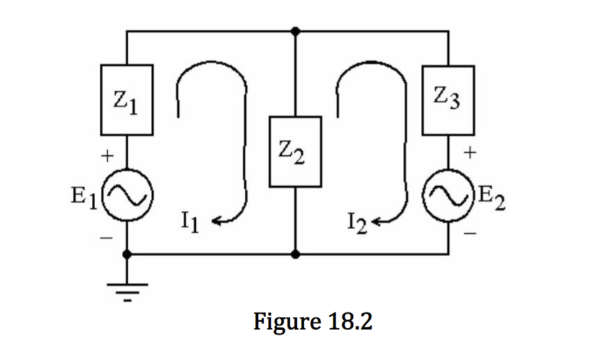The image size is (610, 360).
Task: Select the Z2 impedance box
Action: point(295,152)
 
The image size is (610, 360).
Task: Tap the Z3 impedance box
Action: point(448,100)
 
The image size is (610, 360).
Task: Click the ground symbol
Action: point(127,292)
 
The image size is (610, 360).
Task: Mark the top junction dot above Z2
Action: point(295,30)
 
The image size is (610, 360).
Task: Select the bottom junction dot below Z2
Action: point(295,254)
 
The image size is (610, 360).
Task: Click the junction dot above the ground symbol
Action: point(127,254)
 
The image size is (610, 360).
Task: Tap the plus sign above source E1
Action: point(107,158)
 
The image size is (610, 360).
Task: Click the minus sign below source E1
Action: point(106,237)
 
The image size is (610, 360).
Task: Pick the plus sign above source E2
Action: point(471,153)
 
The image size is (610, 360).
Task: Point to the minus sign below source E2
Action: point(470,233)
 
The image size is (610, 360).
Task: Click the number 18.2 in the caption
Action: point(350,323)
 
